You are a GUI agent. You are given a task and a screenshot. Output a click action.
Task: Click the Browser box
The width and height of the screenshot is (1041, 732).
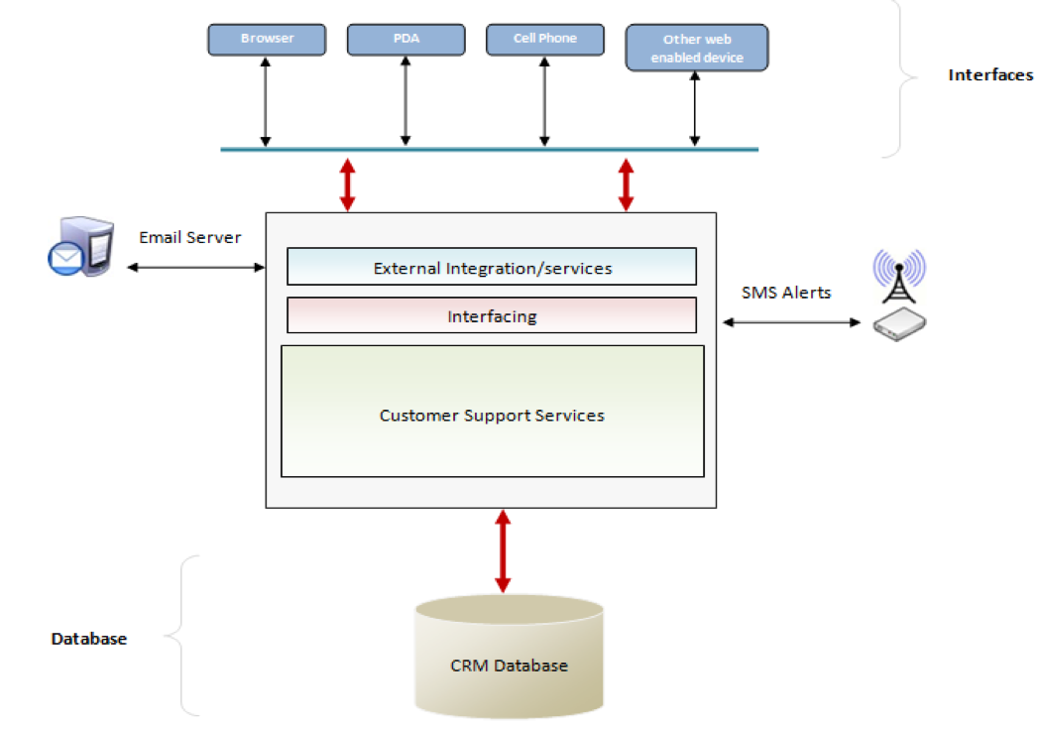267,40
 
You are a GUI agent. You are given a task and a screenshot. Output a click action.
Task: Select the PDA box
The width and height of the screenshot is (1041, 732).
405,40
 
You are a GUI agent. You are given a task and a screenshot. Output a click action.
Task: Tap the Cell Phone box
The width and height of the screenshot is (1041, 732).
544,40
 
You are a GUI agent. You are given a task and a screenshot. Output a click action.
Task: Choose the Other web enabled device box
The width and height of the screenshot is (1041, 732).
696,49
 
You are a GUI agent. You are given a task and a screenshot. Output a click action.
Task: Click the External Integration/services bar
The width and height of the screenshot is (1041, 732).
492,268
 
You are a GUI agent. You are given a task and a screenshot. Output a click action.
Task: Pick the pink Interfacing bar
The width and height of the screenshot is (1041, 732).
492,316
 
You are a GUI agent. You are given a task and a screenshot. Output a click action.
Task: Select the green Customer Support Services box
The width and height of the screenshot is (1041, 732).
492,414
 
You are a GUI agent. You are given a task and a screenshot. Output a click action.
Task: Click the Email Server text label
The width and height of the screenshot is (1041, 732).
189,238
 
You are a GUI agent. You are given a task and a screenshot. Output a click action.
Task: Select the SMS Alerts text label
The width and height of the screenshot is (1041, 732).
786,293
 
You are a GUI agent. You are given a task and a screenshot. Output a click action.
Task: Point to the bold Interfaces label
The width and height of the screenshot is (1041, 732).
990,75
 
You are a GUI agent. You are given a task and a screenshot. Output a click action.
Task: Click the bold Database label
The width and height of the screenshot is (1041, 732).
89,639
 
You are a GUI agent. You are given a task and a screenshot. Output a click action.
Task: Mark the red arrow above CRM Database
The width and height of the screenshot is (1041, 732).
503,551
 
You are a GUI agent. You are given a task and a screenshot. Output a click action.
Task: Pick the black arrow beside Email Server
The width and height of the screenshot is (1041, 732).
196,267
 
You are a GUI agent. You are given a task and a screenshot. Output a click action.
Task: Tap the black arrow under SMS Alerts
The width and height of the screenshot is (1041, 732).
791,322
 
